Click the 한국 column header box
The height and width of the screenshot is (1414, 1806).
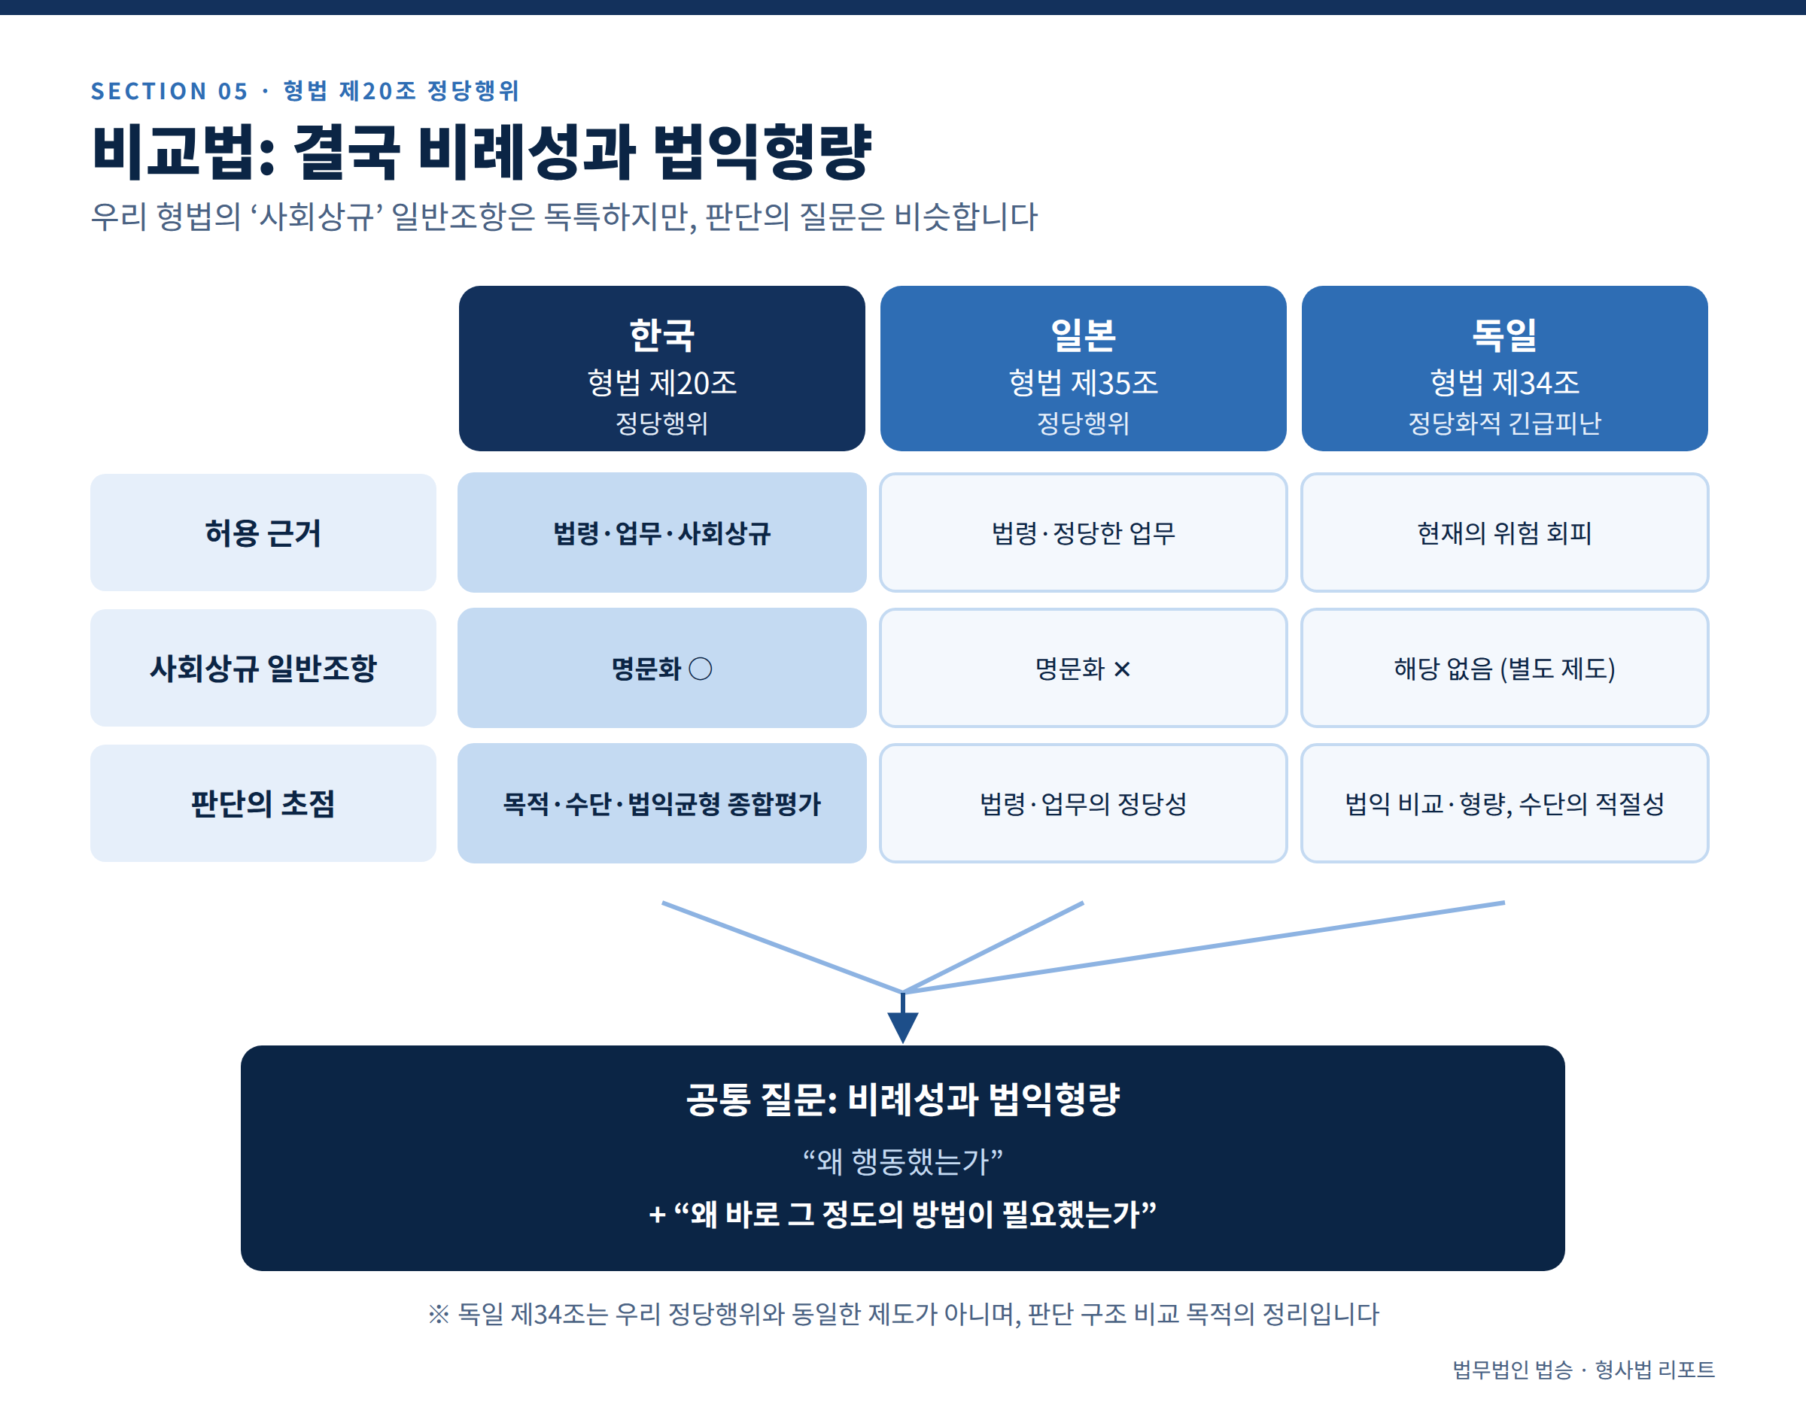coord(661,369)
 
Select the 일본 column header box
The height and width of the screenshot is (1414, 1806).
coord(1083,369)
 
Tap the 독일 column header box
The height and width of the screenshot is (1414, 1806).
coord(1504,369)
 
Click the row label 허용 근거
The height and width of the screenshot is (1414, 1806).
coord(263,533)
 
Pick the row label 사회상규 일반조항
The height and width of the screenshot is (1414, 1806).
coord(263,668)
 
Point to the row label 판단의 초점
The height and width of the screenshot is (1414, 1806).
coord(263,803)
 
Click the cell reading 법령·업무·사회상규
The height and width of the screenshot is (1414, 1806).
coord(661,533)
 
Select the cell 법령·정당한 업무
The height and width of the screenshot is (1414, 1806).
coord(1083,533)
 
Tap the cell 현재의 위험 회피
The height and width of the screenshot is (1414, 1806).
coord(1504,533)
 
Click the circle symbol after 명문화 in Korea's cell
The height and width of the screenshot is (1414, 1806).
coord(701,669)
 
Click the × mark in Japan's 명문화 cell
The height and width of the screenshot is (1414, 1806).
coord(1122,669)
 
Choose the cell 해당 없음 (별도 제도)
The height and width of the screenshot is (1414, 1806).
coord(1504,668)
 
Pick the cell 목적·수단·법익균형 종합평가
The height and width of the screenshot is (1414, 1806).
coord(661,803)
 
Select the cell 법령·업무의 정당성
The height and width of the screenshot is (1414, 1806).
coord(1083,803)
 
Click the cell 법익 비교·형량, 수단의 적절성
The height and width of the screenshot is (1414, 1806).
coord(1504,803)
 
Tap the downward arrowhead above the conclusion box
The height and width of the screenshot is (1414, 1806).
coord(902,1027)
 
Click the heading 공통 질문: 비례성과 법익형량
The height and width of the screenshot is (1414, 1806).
coord(902,1100)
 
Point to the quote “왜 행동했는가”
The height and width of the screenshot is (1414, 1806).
coord(902,1161)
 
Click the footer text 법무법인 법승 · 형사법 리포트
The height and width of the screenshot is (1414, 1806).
coord(1583,1370)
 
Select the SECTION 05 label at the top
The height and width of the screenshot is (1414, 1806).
coord(170,91)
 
